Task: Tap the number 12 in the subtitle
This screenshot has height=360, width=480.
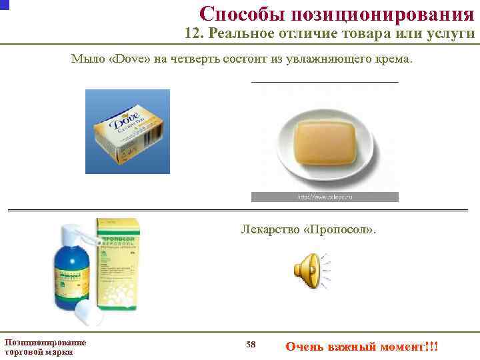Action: (194, 35)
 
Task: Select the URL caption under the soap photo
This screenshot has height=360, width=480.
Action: (325, 197)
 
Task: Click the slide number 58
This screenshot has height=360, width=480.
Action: (251, 345)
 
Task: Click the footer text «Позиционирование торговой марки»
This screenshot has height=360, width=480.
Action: (45, 347)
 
